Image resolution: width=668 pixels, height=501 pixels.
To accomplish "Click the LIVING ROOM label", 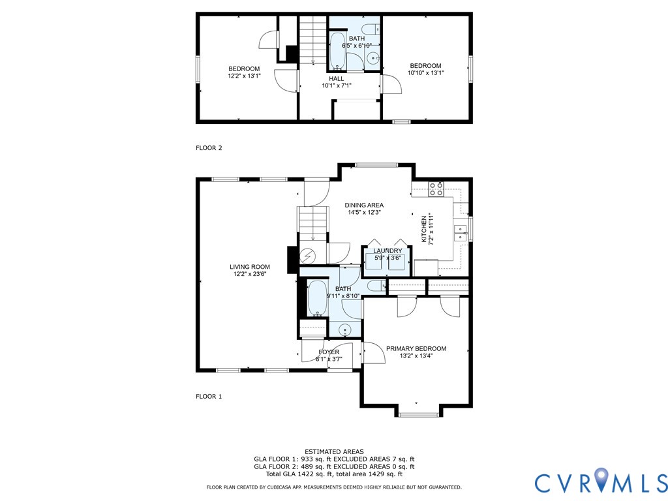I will [249, 267].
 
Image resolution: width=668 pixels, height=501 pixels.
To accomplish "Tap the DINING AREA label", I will [364, 205].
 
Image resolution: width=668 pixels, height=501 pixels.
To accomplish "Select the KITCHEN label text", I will [423, 229].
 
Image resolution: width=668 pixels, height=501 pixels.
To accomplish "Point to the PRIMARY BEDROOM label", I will [416, 348].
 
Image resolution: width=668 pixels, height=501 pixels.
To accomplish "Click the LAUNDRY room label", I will [387, 250].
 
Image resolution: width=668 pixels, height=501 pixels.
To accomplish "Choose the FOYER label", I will [329, 352].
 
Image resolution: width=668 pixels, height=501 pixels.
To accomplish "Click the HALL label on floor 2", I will [336, 79].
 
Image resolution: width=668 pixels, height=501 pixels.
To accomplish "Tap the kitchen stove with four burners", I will [436, 189].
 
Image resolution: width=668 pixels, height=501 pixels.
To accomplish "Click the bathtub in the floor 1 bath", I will [318, 299].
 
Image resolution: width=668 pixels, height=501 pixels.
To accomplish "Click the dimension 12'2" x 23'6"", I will [249, 275].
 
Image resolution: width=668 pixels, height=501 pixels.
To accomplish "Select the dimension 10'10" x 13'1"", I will [425, 73].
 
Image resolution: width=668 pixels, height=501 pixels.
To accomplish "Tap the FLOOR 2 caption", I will [209, 148].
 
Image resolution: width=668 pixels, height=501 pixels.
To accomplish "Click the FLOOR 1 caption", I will [209, 396].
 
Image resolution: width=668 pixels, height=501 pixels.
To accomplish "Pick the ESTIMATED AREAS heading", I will [334, 451].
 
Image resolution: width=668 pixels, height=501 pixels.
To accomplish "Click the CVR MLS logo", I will [601, 483].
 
